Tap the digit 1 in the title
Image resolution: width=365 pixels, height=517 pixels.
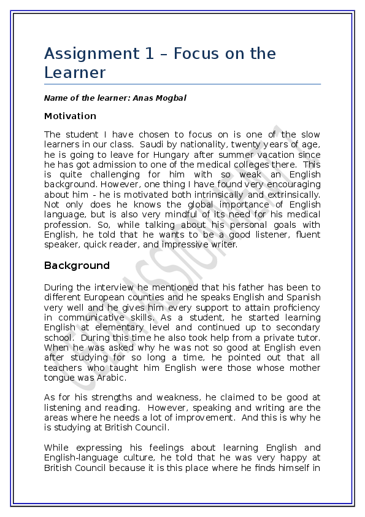coord(150,54)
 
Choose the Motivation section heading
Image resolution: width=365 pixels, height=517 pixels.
coord(70,116)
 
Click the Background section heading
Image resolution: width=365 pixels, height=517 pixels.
coord(77,266)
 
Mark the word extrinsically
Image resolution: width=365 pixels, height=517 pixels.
coord(292,195)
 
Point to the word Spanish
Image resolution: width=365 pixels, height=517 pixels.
coord(303,297)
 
